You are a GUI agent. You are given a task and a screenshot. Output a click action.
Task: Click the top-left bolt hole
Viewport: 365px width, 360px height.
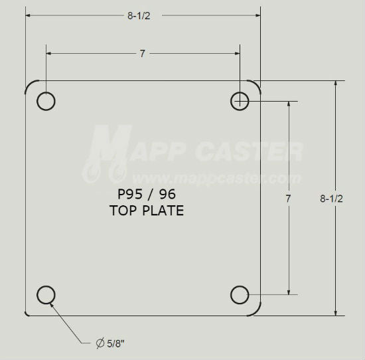point(46,101)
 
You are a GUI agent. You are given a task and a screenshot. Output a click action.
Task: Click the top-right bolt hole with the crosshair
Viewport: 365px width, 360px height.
point(240,101)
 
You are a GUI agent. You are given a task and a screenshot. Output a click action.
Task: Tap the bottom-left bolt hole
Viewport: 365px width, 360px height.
point(46,294)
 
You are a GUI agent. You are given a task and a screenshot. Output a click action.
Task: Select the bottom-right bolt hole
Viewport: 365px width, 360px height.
point(240,294)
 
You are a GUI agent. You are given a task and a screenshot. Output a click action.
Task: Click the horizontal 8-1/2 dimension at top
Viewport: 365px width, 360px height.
point(139,17)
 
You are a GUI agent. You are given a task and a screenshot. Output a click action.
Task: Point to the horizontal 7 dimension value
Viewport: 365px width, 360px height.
point(142,54)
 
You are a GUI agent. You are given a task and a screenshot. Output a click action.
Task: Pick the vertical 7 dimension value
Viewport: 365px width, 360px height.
point(289,198)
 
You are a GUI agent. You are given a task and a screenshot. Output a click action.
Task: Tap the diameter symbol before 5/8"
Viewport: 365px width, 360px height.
point(100,343)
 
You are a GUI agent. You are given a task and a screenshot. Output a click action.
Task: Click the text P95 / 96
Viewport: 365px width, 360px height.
point(145,196)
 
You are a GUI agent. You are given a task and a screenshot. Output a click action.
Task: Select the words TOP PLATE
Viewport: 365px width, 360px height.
point(146,211)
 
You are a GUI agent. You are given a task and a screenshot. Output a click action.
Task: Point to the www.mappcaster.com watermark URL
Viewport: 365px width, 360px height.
point(215,178)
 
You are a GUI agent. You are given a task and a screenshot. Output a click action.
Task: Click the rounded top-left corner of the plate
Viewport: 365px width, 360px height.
point(30,86)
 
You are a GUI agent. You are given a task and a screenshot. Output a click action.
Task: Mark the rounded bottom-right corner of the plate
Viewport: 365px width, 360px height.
point(256,310)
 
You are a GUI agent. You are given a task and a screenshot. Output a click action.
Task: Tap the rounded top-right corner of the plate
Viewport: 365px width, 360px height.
point(256,85)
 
